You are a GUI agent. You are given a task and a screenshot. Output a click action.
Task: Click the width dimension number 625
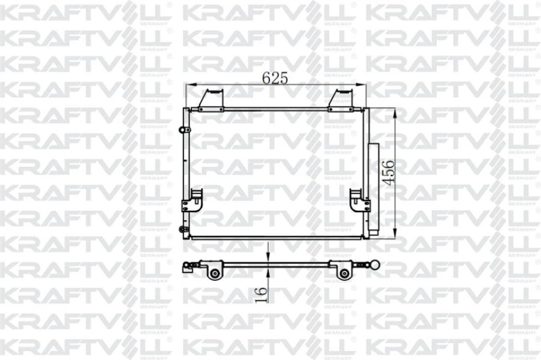pos(274,78)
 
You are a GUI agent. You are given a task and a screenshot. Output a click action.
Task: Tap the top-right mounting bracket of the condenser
pos(343,99)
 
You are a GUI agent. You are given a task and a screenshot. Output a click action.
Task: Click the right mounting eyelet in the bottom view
pos(343,273)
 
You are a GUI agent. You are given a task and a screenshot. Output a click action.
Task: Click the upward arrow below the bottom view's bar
pos(268,271)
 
